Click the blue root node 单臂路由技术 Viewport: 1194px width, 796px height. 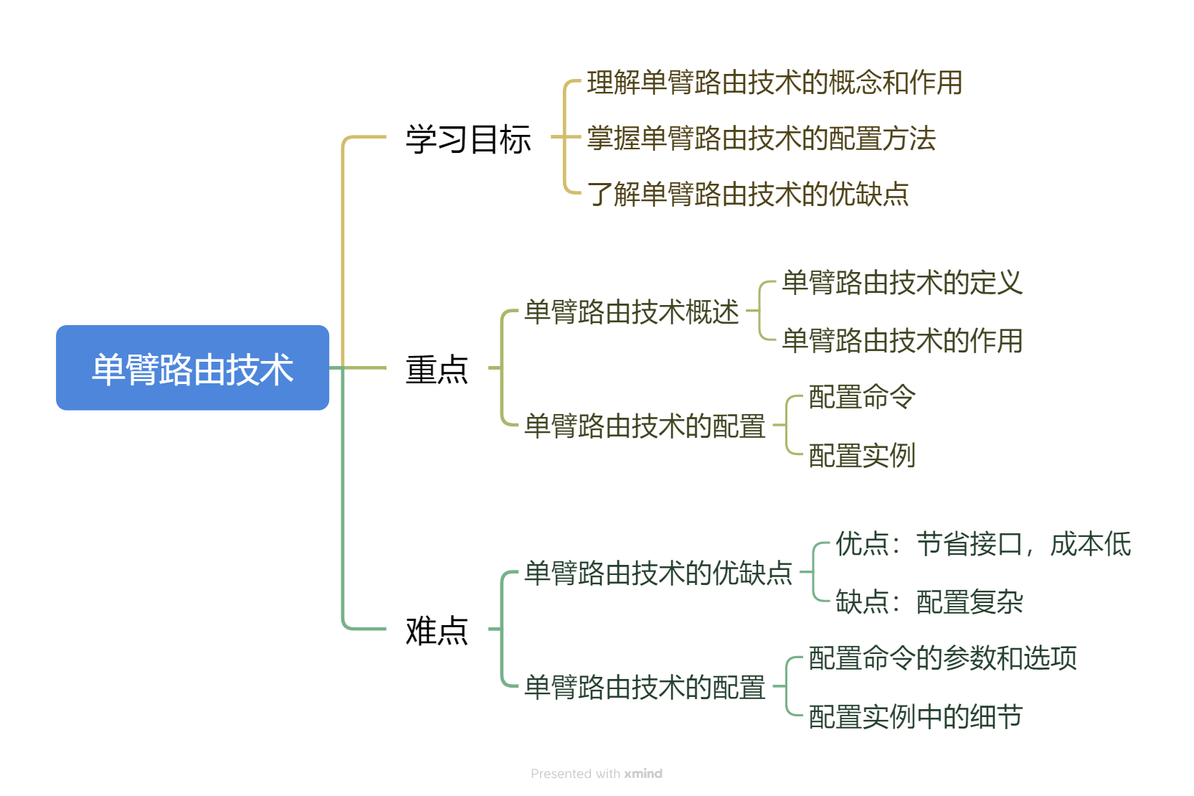pyautogui.click(x=192, y=368)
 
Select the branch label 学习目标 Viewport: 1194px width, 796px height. pyautogui.click(x=468, y=139)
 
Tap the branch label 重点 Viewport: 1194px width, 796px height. pyautogui.click(x=436, y=369)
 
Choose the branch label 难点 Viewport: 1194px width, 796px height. pyautogui.click(x=436, y=630)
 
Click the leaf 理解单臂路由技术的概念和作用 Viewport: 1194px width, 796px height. pyautogui.click(x=774, y=83)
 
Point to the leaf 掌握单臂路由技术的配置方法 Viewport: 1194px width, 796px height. pyautogui.click(x=761, y=139)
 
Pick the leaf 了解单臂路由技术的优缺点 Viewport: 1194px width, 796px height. pyautogui.click(x=747, y=194)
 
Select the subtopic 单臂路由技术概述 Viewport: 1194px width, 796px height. pyautogui.click(x=631, y=312)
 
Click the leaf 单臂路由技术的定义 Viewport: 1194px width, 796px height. pyautogui.click(x=901, y=283)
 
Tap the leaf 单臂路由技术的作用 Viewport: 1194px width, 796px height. pyautogui.click(x=901, y=340)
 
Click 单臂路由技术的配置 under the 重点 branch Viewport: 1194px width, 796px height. pyautogui.click(x=644, y=426)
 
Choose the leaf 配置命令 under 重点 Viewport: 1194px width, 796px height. pyautogui.click(x=861, y=397)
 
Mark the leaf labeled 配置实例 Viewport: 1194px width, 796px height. pyautogui.click(x=861, y=455)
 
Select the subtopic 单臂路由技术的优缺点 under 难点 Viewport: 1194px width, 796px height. pyautogui.click(x=658, y=573)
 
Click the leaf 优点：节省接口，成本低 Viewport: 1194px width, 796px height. pyautogui.click(x=982, y=544)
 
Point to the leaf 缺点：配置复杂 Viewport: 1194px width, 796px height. pyautogui.click(x=929, y=601)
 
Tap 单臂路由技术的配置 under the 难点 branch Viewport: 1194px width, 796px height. pyautogui.click(x=644, y=688)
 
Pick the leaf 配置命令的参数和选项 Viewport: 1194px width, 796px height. pyautogui.click(x=942, y=658)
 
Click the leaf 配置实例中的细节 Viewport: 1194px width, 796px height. pyautogui.click(x=915, y=716)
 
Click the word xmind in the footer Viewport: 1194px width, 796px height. pyautogui.click(x=643, y=774)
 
